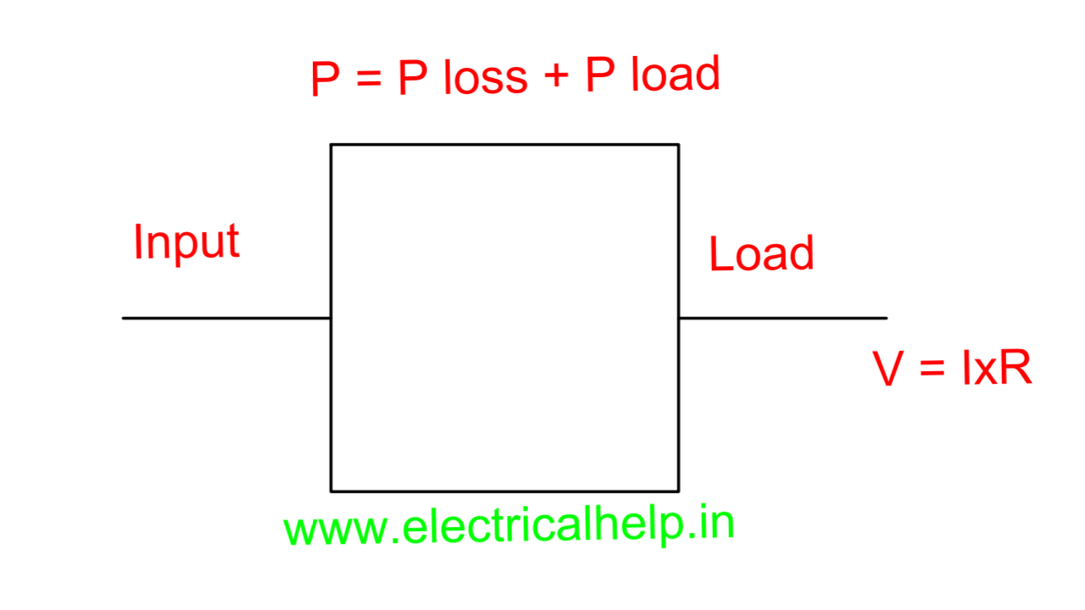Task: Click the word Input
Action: [186, 244]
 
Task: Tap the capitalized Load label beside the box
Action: [761, 254]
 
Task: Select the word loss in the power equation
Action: [485, 78]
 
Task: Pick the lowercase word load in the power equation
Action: [676, 75]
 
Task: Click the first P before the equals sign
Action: [325, 80]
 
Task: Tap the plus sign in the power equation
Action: [556, 78]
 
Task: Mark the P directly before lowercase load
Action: [601, 76]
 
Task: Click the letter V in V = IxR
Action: [888, 369]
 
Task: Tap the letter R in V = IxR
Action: [1015, 369]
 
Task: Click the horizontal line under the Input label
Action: [226, 318]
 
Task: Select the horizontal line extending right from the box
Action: [782, 318]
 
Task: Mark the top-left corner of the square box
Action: [331, 145]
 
